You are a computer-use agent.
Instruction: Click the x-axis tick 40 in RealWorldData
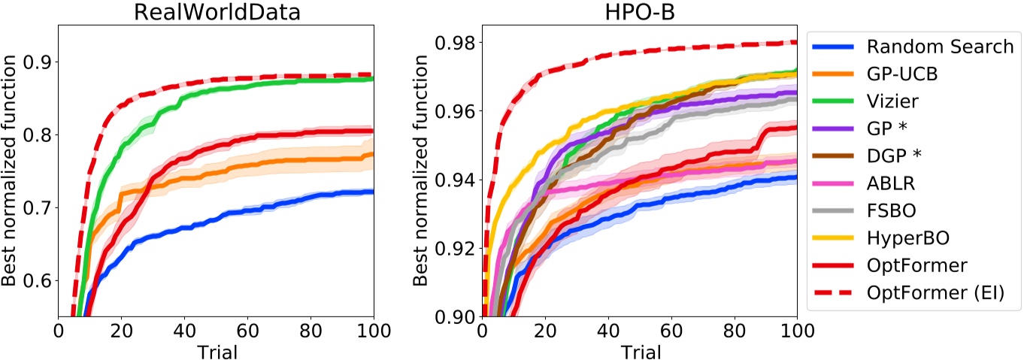point(184,330)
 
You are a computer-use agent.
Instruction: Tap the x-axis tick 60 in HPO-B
point(671,330)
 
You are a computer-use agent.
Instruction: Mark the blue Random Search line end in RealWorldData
point(372,192)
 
